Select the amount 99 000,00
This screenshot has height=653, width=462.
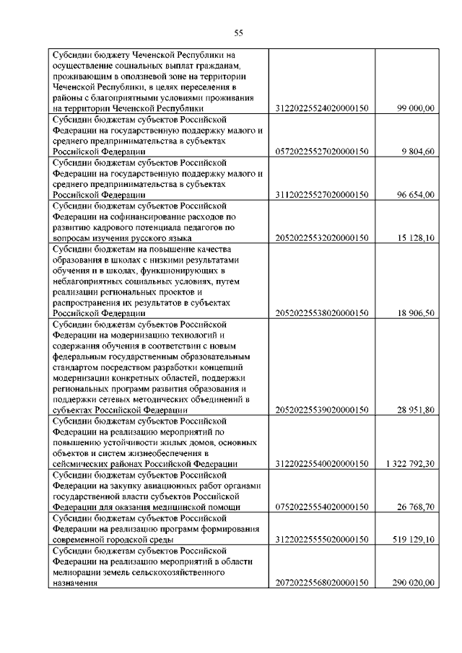click(x=415, y=108)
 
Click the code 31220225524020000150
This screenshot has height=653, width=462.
click(x=322, y=108)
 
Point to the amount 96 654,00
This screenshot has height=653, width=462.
click(x=415, y=195)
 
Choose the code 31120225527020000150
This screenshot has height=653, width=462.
click(x=322, y=195)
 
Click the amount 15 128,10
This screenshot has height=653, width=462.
click(x=415, y=237)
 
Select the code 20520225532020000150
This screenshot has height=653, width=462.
click(x=322, y=237)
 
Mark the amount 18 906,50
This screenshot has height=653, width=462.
click(x=415, y=313)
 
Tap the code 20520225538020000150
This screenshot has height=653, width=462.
click(x=322, y=313)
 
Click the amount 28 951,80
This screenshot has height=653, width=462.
click(x=415, y=410)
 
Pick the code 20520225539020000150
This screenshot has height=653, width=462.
click(x=322, y=410)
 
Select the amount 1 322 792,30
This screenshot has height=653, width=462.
click(x=409, y=463)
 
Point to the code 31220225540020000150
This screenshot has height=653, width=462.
click(x=322, y=463)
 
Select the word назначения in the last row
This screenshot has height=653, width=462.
click(x=74, y=582)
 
